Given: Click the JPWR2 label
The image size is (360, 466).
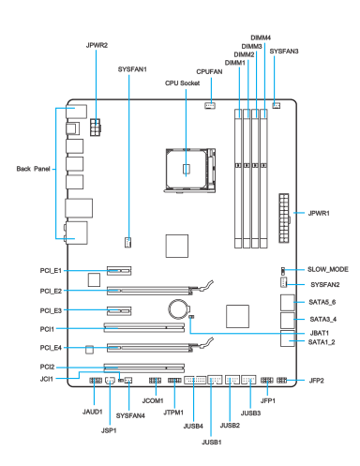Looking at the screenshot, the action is click(97, 45).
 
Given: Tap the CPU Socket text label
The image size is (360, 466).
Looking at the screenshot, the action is click(182, 83).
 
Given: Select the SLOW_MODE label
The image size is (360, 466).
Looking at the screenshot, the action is click(328, 269).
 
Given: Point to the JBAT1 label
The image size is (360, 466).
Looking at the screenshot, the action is click(320, 333).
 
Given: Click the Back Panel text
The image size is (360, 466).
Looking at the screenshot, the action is click(33, 169).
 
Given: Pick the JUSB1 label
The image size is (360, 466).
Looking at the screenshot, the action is click(212, 443).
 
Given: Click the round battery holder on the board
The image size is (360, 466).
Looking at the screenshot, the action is click(178, 309).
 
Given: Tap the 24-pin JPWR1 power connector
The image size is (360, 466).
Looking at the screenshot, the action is click(284, 218).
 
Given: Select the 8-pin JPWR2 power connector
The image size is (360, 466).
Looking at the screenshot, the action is click(96, 128).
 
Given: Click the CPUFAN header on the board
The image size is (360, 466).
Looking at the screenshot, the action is click(210, 106).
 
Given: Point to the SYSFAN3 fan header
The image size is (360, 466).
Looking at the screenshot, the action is click(277, 106).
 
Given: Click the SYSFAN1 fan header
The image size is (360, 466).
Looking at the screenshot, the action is click(127, 242).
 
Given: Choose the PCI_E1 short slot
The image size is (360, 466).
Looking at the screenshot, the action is click(119, 271).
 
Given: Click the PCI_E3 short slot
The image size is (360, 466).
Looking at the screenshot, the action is click(119, 311).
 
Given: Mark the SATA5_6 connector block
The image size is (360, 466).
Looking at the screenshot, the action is click(288, 303).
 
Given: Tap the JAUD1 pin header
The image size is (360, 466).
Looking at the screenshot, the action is click(96, 381).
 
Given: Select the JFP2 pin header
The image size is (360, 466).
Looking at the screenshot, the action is click(281, 381).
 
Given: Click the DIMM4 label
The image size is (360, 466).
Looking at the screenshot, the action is click(261, 38).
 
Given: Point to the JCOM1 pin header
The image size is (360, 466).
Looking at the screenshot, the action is click(155, 381).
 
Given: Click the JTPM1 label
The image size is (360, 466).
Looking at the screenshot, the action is click(173, 413).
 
